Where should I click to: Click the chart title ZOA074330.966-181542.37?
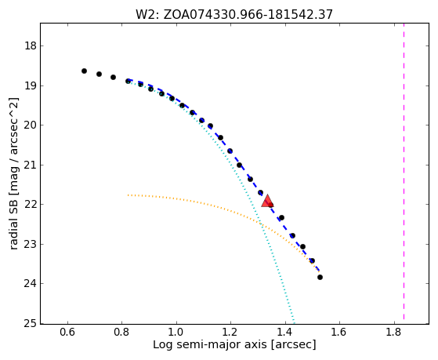click(x=248, y=15)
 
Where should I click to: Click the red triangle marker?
click(x=267, y=201)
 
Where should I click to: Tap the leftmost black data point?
click(x=84, y=71)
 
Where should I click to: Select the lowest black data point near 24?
click(x=320, y=277)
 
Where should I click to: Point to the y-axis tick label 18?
click(x=31, y=45)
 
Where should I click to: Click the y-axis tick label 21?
click(x=31, y=165)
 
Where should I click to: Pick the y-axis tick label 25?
click(x=31, y=324)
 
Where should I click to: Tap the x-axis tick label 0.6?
click(x=67, y=333)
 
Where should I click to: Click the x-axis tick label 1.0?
click(x=176, y=333)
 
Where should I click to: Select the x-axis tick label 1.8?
click(x=394, y=333)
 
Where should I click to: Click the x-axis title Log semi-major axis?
click(x=210, y=344)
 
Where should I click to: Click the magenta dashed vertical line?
click(x=404, y=171)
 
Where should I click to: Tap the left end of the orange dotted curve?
click(x=129, y=195)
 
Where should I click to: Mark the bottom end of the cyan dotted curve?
click(x=294, y=322)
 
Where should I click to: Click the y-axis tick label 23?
click(x=31, y=244)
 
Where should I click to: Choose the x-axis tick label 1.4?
click(x=285, y=333)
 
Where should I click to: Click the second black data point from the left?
click(x=99, y=75)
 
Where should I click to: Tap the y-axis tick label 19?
click(x=31, y=85)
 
